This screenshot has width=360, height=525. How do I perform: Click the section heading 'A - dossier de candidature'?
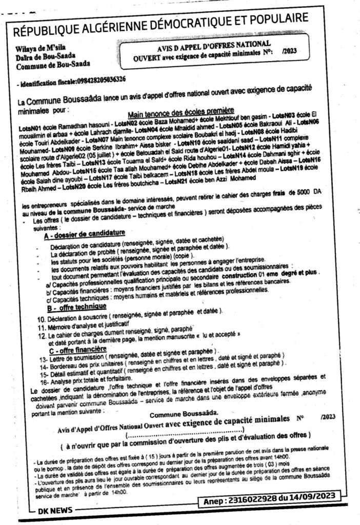pyautogui.click(x=85, y=233)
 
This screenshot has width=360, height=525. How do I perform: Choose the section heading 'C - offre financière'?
pyautogui.click(x=76, y=349)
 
